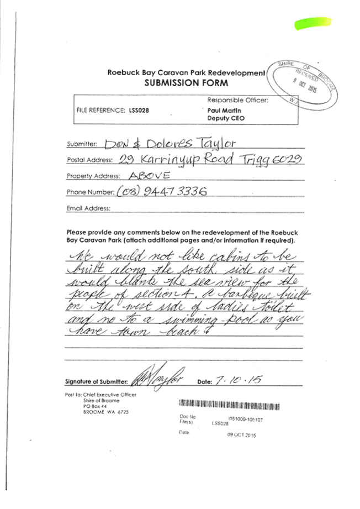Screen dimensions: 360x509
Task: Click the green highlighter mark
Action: (312, 23)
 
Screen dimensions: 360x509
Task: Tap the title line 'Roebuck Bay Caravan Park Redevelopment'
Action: (186, 73)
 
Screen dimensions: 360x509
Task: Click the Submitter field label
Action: (82, 144)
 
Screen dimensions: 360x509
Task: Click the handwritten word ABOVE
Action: (149, 174)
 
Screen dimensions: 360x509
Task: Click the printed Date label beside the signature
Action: (203, 382)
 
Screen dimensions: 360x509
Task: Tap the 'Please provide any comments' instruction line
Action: (182, 232)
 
